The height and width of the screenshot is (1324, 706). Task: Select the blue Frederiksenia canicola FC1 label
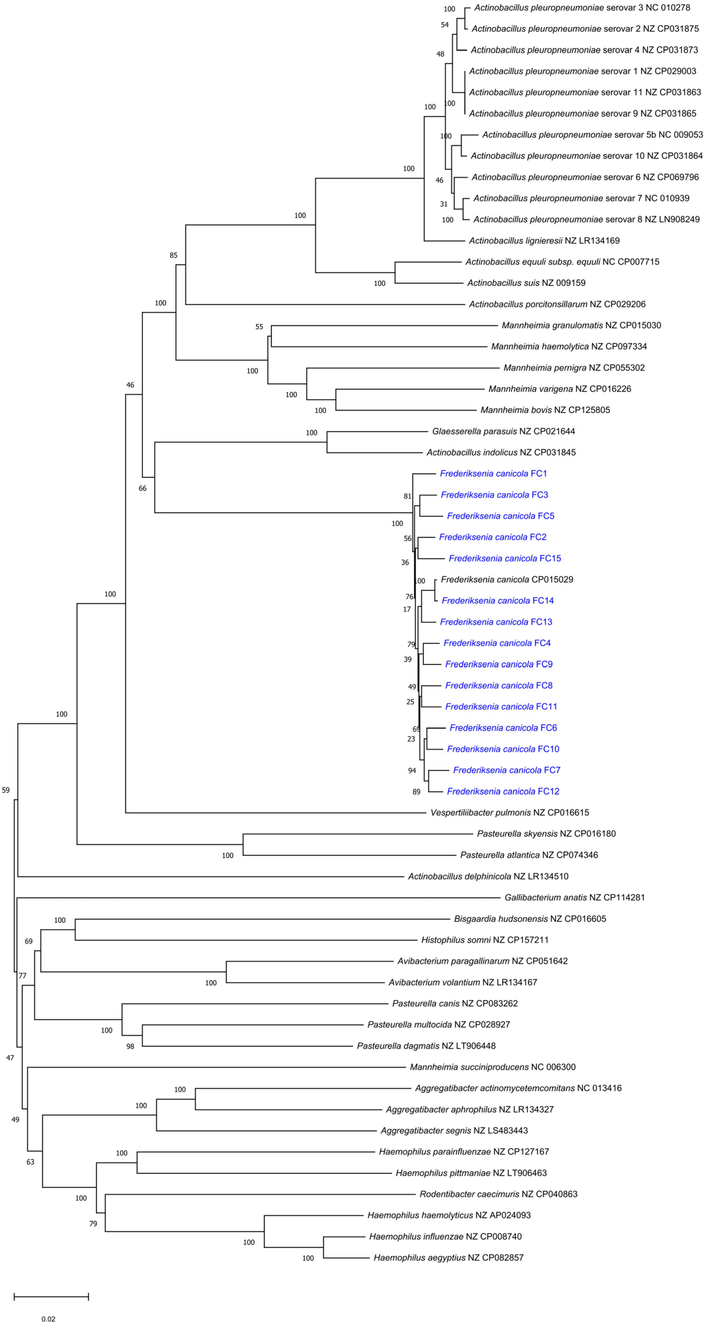493,473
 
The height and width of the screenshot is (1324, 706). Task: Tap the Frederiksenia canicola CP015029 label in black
506,579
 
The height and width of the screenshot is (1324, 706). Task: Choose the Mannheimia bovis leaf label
545,410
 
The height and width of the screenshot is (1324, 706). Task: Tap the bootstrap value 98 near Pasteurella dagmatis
130,1046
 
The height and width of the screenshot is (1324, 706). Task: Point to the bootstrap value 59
6,790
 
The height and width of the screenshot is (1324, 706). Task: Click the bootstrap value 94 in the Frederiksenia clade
412,770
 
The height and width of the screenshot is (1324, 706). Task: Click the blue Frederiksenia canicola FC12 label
503,792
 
